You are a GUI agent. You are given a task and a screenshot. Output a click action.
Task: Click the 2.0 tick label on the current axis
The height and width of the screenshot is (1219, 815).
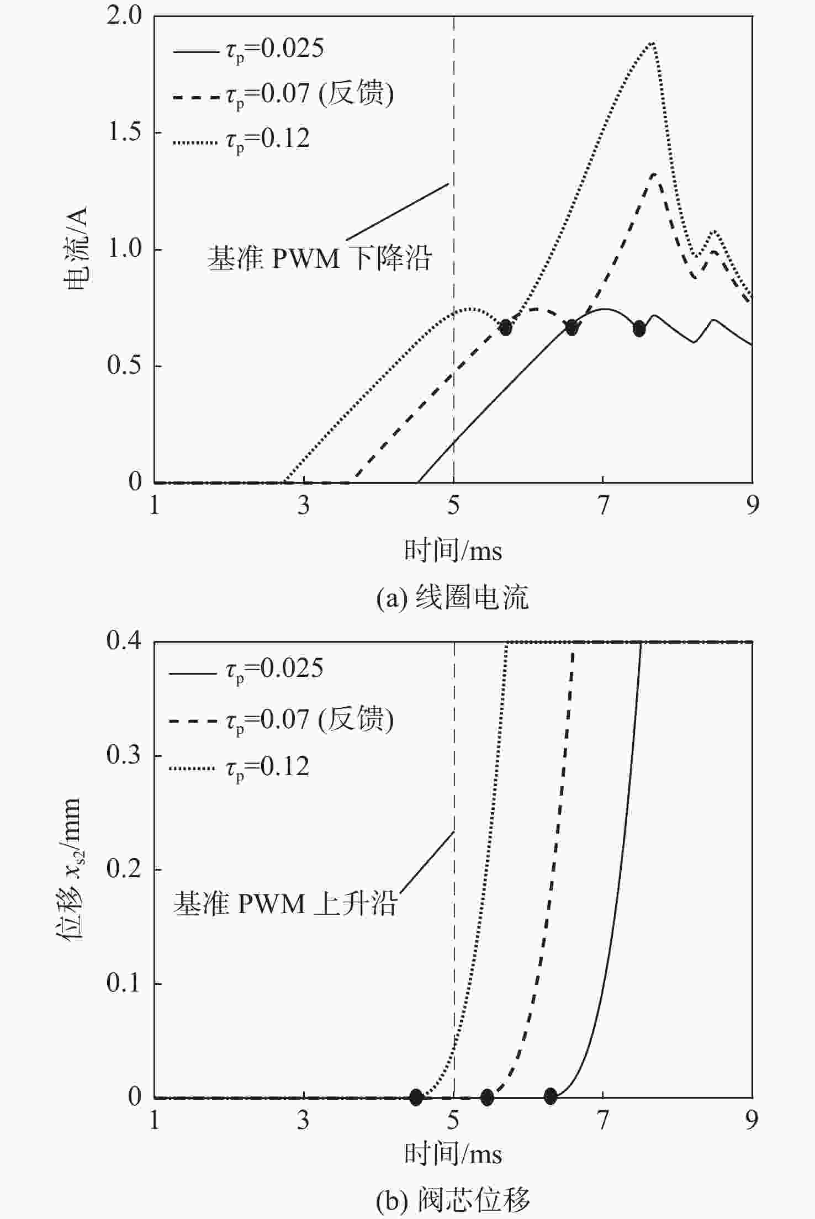click(x=124, y=17)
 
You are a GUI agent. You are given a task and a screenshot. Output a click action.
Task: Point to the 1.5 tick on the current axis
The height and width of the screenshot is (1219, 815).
click(x=124, y=133)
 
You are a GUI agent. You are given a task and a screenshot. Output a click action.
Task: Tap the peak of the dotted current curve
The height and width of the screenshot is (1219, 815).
click(x=653, y=43)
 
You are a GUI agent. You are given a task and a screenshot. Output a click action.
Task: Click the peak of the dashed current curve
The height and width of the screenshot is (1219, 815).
click(x=654, y=174)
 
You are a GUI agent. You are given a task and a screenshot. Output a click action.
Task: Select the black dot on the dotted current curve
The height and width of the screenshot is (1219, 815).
click(x=505, y=327)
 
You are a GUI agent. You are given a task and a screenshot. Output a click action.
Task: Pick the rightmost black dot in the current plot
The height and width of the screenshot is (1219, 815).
click(x=639, y=328)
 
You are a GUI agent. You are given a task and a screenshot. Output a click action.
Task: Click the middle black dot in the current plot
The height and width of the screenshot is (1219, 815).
click(x=571, y=327)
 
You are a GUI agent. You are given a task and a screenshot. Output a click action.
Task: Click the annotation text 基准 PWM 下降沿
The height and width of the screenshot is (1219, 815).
click(x=319, y=258)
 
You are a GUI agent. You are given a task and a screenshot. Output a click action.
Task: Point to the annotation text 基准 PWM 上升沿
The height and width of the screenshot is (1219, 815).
click(x=285, y=904)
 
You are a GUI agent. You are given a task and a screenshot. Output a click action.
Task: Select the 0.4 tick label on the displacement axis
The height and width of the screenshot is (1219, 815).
click(x=124, y=642)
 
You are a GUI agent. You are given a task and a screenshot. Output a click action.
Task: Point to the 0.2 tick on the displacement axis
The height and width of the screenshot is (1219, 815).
click(x=124, y=870)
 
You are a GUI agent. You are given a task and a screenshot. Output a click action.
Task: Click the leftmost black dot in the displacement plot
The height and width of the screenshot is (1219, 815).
click(x=416, y=1096)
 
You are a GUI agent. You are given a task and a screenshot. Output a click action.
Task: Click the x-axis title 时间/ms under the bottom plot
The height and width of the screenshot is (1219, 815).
click(x=453, y=1154)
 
